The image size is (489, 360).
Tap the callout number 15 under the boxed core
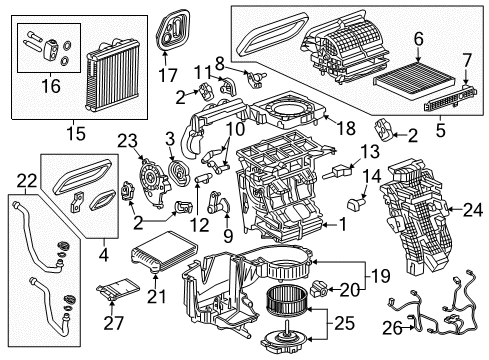point(69,131)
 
